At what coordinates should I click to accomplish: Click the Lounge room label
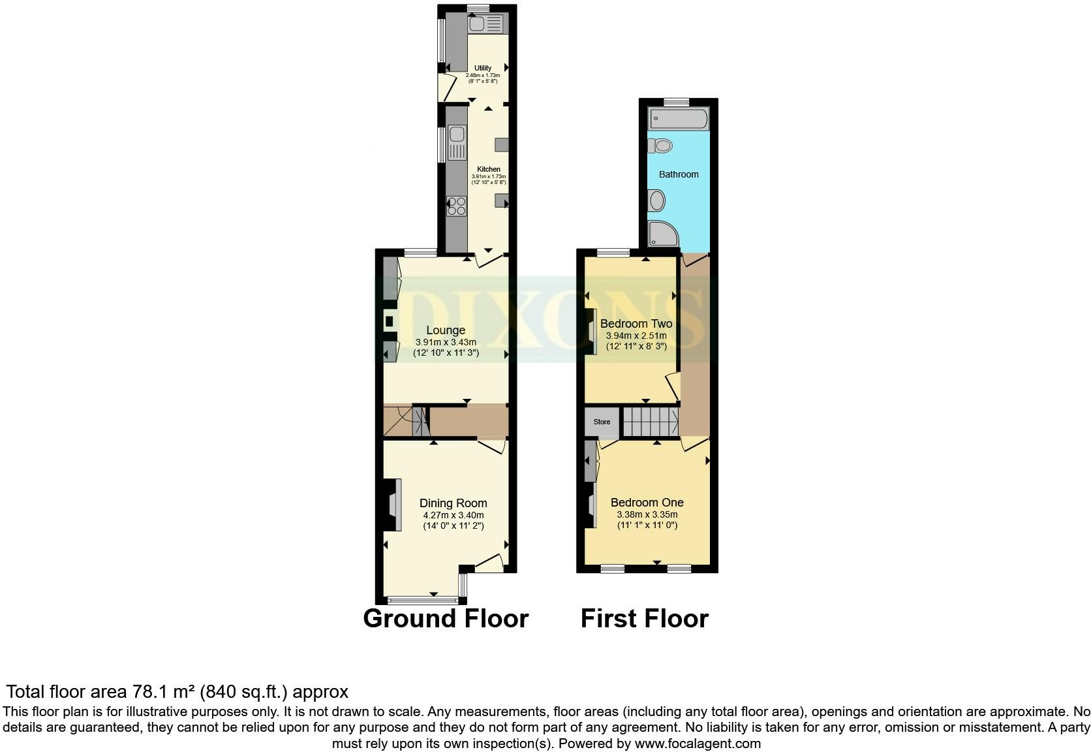coord(446,330)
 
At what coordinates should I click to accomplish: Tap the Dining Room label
coord(453,503)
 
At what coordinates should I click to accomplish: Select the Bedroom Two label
coord(636,324)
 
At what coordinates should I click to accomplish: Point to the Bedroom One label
coord(647,503)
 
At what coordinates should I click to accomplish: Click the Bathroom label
coord(679,174)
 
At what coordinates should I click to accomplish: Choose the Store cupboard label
coord(602,422)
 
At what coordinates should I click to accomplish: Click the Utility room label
coord(483,68)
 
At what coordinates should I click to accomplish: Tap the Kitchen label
coord(489,169)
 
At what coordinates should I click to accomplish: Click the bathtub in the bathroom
coord(678,119)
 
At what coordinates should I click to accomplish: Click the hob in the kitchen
coord(457,206)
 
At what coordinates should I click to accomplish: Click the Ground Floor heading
coord(446,618)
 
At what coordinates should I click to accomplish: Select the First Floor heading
coord(644,618)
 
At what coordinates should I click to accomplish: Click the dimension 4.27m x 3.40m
coord(453,515)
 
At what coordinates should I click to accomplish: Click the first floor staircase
coord(650,422)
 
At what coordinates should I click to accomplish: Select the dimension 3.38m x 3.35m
coord(647,514)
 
